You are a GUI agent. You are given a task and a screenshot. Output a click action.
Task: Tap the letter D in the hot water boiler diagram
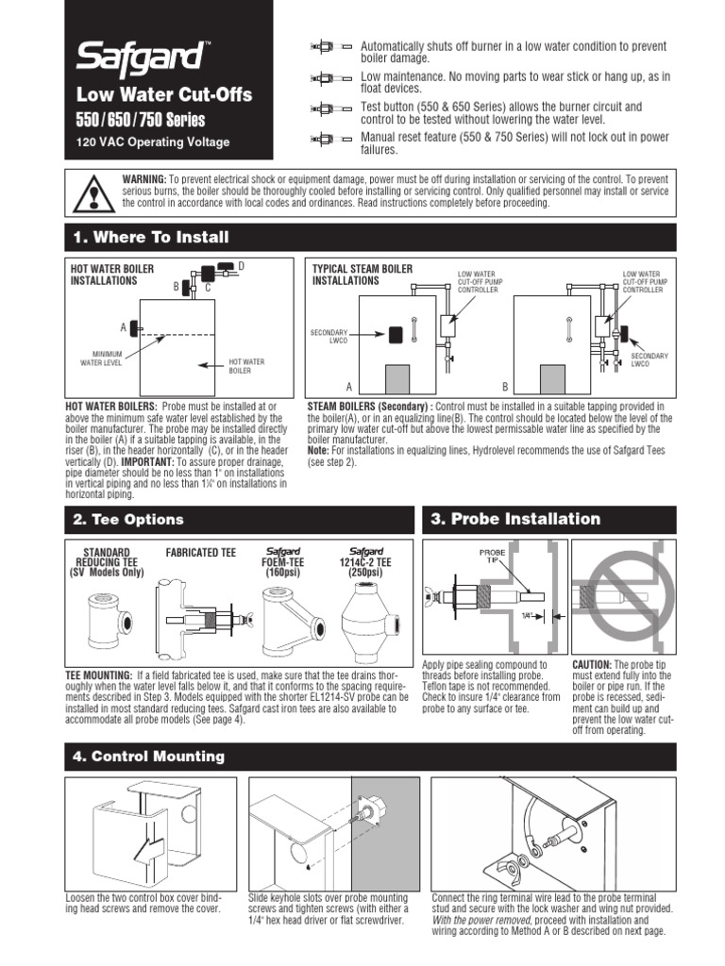point(241,267)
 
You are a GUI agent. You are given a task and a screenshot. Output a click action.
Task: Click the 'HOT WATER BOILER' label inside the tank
point(247,364)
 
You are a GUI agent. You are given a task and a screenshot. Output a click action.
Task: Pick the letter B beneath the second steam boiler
point(504,388)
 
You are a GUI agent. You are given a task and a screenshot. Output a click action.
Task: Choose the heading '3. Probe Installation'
point(515,519)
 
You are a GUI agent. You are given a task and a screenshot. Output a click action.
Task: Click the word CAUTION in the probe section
point(593,665)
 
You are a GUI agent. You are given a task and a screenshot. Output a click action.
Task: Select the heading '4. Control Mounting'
point(148,756)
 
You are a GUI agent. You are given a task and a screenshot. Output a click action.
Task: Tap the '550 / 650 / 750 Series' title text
point(140,120)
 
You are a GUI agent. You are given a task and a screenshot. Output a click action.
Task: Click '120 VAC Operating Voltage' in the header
point(152,143)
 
